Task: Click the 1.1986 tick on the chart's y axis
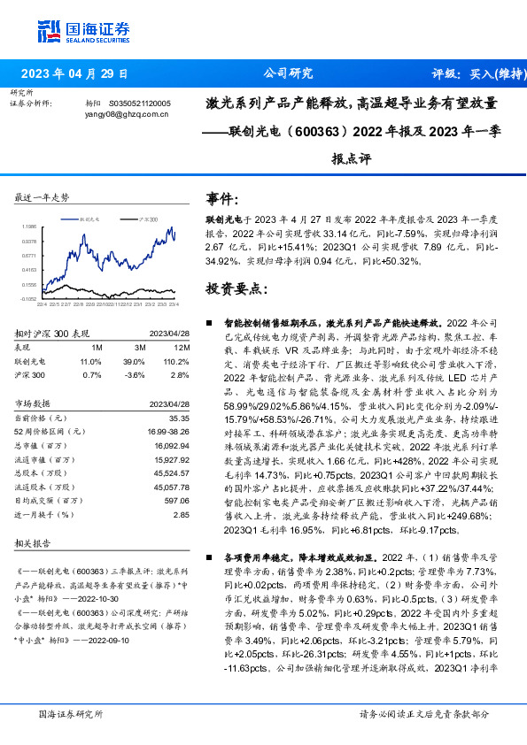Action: [28, 225]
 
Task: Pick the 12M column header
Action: [183, 348]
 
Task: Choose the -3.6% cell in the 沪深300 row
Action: [134, 375]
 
